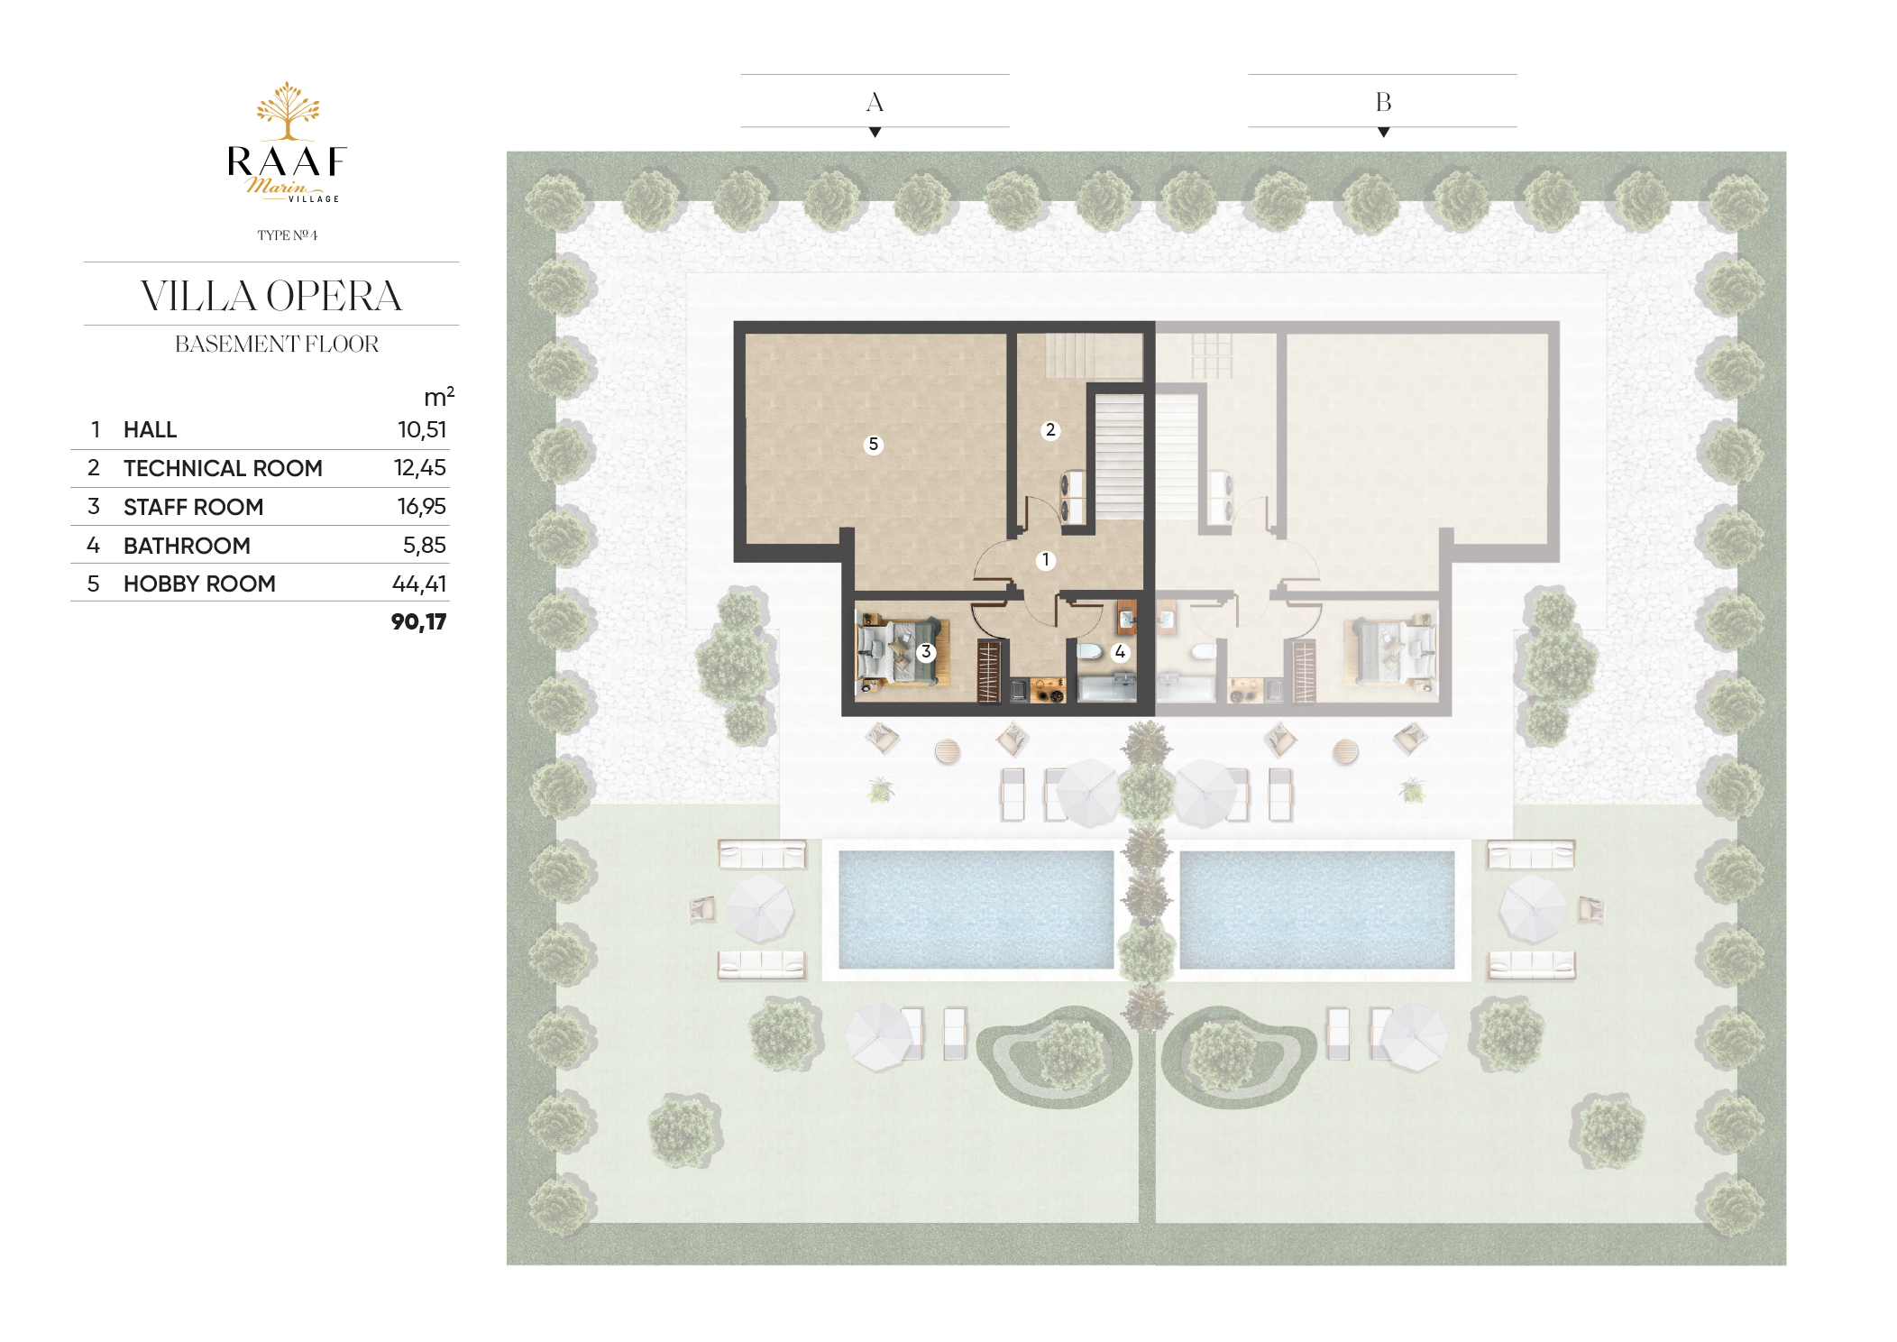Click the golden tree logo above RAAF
[288, 111]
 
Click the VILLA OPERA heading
[271, 296]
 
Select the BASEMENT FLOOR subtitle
[277, 344]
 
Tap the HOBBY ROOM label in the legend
[199, 584]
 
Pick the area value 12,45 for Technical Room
[420, 467]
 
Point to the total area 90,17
[419, 621]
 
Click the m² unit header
[439, 396]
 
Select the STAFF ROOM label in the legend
[193, 507]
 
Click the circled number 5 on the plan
[873, 444]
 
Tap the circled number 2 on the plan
[1049, 430]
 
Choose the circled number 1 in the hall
[1045, 560]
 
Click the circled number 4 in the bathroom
[1120, 651]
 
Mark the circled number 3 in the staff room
[925, 651]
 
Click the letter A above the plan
[875, 102]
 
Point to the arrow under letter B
[1383, 133]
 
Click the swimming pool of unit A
[976, 909]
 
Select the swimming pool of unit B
[1317, 909]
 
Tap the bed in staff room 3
[898, 651]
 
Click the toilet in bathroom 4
[1089, 651]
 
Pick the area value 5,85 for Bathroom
[425, 545]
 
